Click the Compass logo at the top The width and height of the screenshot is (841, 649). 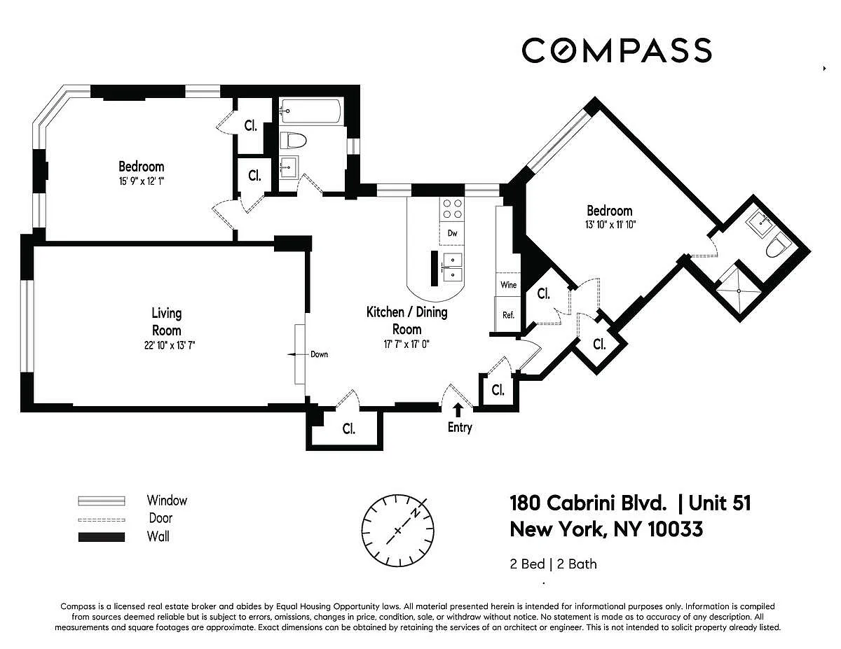[x=617, y=50]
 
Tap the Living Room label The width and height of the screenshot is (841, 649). [x=166, y=321]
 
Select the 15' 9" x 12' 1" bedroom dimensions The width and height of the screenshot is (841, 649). [x=142, y=181]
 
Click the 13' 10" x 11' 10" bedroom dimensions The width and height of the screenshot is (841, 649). [x=610, y=225]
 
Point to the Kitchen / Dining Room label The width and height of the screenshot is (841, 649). [x=406, y=321]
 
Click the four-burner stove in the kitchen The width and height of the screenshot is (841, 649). [x=452, y=209]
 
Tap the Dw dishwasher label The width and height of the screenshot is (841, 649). [x=452, y=233]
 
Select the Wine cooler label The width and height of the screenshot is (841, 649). [x=508, y=285]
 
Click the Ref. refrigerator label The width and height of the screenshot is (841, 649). [x=508, y=315]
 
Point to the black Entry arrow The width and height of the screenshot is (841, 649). [x=458, y=410]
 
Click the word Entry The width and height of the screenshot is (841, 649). [x=460, y=428]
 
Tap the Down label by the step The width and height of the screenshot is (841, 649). [x=319, y=354]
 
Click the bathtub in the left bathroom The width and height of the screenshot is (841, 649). [x=310, y=111]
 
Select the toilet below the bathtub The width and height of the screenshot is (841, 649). [x=293, y=140]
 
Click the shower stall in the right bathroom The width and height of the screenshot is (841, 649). [x=739, y=291]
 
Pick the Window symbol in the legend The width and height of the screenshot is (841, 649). [x=102, y=501]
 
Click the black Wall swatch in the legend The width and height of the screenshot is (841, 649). [x=102, y=537]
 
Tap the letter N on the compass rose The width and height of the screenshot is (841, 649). [x=416, y=513]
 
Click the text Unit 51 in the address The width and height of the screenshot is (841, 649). [x=720, y=503]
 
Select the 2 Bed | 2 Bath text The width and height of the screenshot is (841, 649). [x=553, y=564]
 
